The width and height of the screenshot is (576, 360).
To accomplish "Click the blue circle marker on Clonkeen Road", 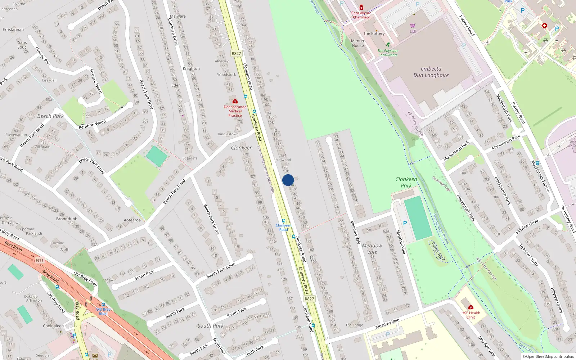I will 288,180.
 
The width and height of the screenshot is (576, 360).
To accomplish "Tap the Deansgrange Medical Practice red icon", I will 235,102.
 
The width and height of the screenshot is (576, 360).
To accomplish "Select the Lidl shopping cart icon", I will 413,26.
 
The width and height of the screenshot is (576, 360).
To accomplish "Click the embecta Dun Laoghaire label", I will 431,72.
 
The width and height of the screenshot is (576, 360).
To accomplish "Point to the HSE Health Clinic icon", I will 471,307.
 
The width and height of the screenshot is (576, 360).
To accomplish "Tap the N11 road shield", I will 40,260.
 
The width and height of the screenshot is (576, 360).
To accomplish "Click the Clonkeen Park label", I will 406,182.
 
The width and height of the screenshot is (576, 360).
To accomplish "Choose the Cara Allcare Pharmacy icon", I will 361,8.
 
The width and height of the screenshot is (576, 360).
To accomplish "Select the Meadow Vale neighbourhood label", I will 372,249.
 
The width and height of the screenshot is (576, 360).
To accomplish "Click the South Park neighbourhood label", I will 211,326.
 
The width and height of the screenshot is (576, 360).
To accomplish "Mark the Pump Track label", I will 438,251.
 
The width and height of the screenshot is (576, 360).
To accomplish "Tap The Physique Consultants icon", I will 388,45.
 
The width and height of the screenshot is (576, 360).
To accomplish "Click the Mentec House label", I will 358,43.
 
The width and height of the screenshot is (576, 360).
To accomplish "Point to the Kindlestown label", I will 228,134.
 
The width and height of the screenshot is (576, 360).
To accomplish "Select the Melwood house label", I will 283,160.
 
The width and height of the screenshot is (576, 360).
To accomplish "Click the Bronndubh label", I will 67,219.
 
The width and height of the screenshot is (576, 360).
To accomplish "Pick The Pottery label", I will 374,33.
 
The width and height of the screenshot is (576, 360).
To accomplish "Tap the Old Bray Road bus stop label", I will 103,311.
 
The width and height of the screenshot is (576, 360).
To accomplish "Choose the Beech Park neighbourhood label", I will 50,116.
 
